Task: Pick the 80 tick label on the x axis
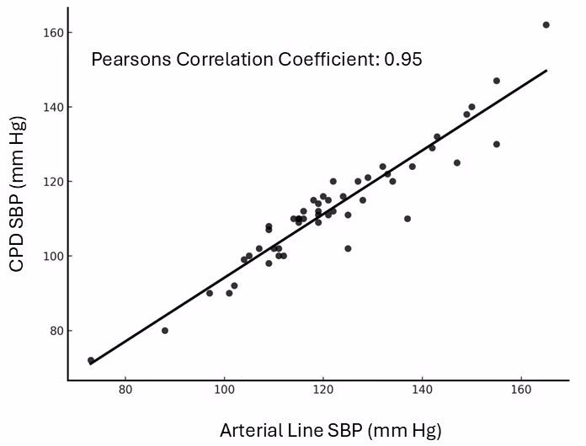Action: [125, 390]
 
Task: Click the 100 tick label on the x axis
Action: [224, 390]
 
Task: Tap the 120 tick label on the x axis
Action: [323, 390]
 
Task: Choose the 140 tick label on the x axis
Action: [422, 390]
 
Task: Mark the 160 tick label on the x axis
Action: [521, 390]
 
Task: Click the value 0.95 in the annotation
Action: [402, 60]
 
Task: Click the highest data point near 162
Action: [546, 25]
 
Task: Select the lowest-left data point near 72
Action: [91, 360]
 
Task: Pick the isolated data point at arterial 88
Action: [165, 331]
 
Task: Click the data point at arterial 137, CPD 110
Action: [408, 219]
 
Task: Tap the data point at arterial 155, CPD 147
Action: [497, 81]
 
